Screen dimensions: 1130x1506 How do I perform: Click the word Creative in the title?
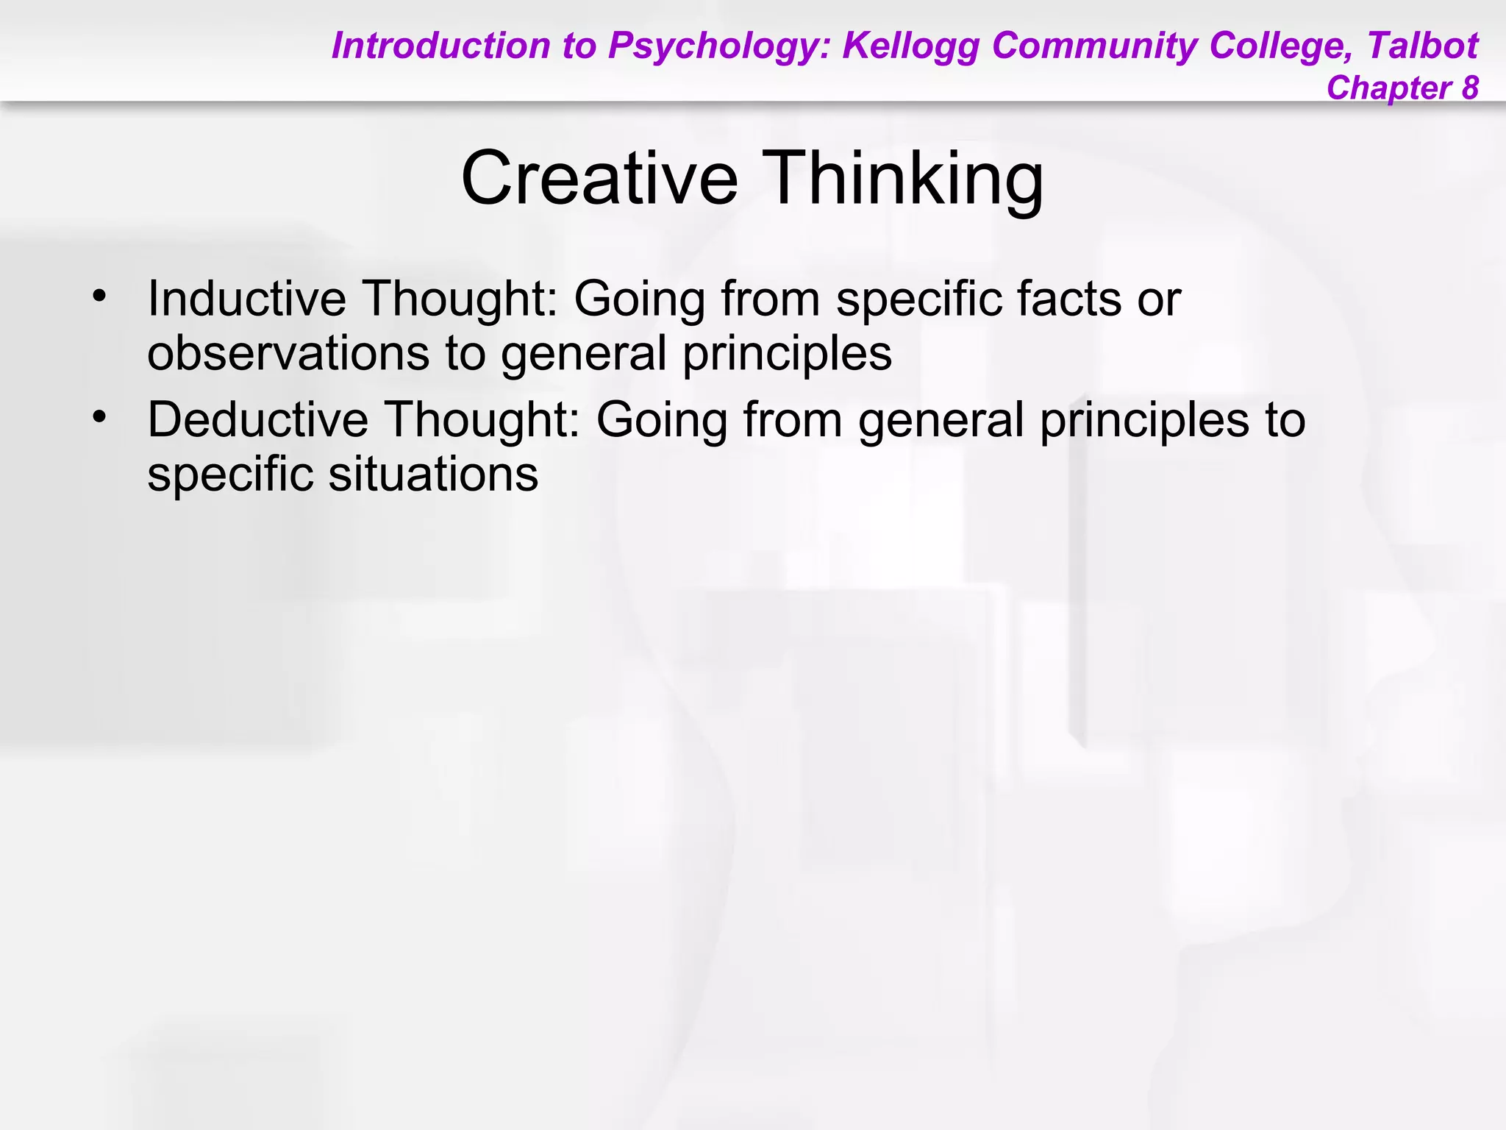599,179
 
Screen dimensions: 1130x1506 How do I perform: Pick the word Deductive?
257,419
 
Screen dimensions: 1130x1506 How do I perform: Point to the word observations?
288,353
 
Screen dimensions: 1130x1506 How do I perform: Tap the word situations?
433,474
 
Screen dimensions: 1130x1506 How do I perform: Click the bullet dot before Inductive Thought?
99,297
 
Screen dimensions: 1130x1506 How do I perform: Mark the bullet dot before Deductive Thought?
99,418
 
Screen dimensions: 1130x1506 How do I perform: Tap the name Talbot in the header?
1422,46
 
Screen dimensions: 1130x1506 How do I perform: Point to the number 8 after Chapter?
1469,88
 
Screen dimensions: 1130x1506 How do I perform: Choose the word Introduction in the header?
440,46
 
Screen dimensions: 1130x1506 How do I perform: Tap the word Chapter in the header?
1388,88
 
